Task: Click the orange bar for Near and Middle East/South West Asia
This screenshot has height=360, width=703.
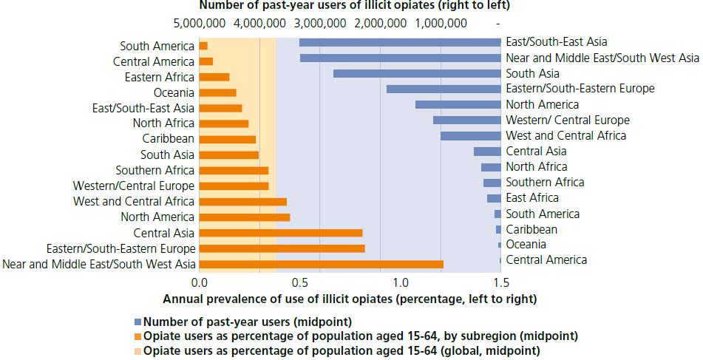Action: pos(321,264)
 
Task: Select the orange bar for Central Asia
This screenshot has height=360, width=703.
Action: pos(281,233)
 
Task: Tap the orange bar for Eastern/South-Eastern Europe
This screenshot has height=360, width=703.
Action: pos(282,248)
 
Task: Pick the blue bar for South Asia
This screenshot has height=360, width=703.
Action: pos(417,73)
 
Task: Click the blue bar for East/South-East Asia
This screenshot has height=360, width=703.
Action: pos(400,42)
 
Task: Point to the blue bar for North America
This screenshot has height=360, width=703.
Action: pos(458,104)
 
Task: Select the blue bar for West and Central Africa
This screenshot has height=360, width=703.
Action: pos(470,135)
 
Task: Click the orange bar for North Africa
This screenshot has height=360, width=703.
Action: pos(224,123)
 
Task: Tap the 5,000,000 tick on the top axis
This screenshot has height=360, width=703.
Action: pos(202,24)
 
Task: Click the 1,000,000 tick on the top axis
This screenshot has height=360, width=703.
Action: pos(441,24)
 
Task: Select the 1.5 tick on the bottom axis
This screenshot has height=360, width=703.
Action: pos(500,282)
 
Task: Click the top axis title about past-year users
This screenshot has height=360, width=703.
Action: pos(350,6)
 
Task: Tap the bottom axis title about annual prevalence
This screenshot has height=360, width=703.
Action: pos(349,299)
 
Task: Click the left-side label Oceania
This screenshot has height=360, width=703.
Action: pos(174,92)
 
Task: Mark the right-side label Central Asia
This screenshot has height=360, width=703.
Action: pos(536,152)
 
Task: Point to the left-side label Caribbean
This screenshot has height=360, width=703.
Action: pos(169,139)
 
